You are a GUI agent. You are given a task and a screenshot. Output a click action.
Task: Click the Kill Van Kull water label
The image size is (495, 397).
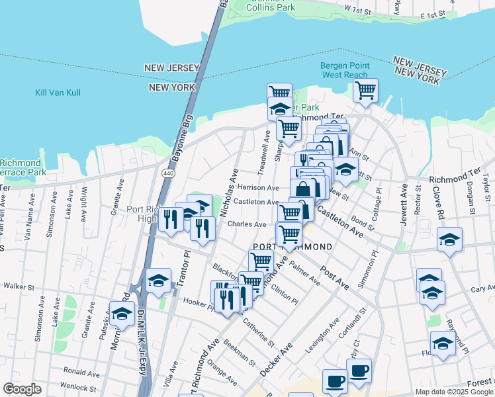point(58,93)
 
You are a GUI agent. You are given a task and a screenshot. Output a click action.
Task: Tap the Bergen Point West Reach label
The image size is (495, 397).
point(343,70)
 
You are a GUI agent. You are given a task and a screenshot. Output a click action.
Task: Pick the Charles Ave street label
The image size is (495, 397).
point(247,224)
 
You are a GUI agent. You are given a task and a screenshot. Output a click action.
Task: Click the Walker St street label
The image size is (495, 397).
point(19,287)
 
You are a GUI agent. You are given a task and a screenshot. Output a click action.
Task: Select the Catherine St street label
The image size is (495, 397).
point(258,332)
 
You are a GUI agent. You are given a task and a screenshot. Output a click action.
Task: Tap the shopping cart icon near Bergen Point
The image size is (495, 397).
point(365,90)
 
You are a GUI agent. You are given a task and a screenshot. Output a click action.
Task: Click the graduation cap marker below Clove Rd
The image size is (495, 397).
point(449,239)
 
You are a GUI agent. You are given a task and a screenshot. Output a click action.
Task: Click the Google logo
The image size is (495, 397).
point(22,389)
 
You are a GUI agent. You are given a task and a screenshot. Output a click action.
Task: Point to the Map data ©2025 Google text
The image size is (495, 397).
point(453,392)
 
